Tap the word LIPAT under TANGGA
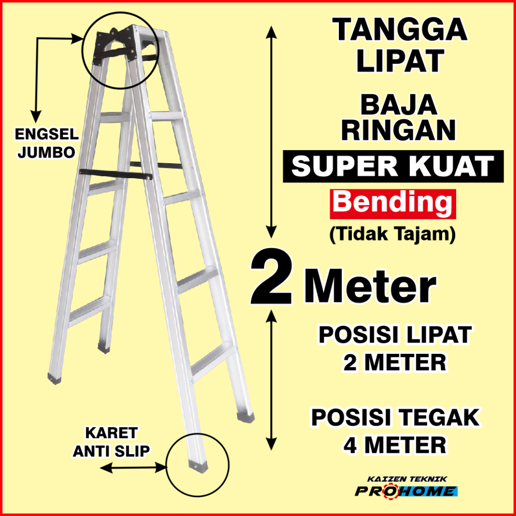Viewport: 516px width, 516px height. [x=401, y=61]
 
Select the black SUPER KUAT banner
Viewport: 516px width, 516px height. [x=393, y=167]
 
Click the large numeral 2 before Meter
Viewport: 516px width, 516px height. [x=272, y=278]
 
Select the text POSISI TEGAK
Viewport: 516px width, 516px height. [x=395, y=417]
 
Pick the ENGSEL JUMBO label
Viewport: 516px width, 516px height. [x=45, y=143]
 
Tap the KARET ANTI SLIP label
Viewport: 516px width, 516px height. [x=111, y=442]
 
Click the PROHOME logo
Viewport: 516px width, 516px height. [x=405, y=492]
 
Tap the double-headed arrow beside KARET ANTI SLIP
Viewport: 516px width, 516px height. [x=132, y=468]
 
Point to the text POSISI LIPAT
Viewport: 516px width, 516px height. [x=395, y=335]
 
